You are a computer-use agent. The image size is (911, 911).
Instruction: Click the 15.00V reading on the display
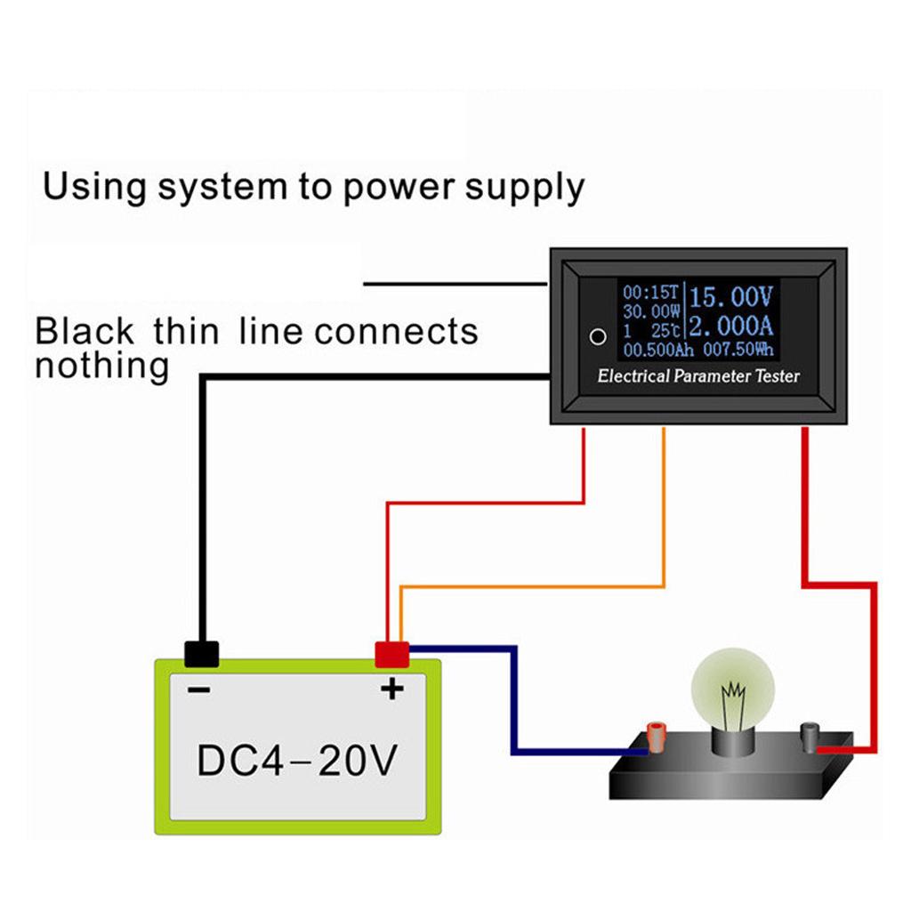pos(731,295)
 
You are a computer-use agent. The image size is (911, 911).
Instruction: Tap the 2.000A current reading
pos(731,325)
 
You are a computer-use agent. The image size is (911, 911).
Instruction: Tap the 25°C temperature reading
pos(665,330)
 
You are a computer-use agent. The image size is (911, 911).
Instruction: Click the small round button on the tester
pos(599,337)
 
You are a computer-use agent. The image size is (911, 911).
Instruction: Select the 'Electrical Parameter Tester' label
pos(698,376)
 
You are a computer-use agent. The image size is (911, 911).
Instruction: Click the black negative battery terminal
pos(202,654)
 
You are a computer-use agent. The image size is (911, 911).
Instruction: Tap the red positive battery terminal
pos(391,654)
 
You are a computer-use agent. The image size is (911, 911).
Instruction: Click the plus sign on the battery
pos(391,688)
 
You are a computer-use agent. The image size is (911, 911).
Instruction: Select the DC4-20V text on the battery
pos(296,761)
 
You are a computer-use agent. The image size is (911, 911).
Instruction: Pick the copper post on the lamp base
pos(657,737)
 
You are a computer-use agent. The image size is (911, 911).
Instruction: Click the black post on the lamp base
pos(810,735)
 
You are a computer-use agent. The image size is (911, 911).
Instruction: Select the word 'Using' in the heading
pos(94,188)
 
